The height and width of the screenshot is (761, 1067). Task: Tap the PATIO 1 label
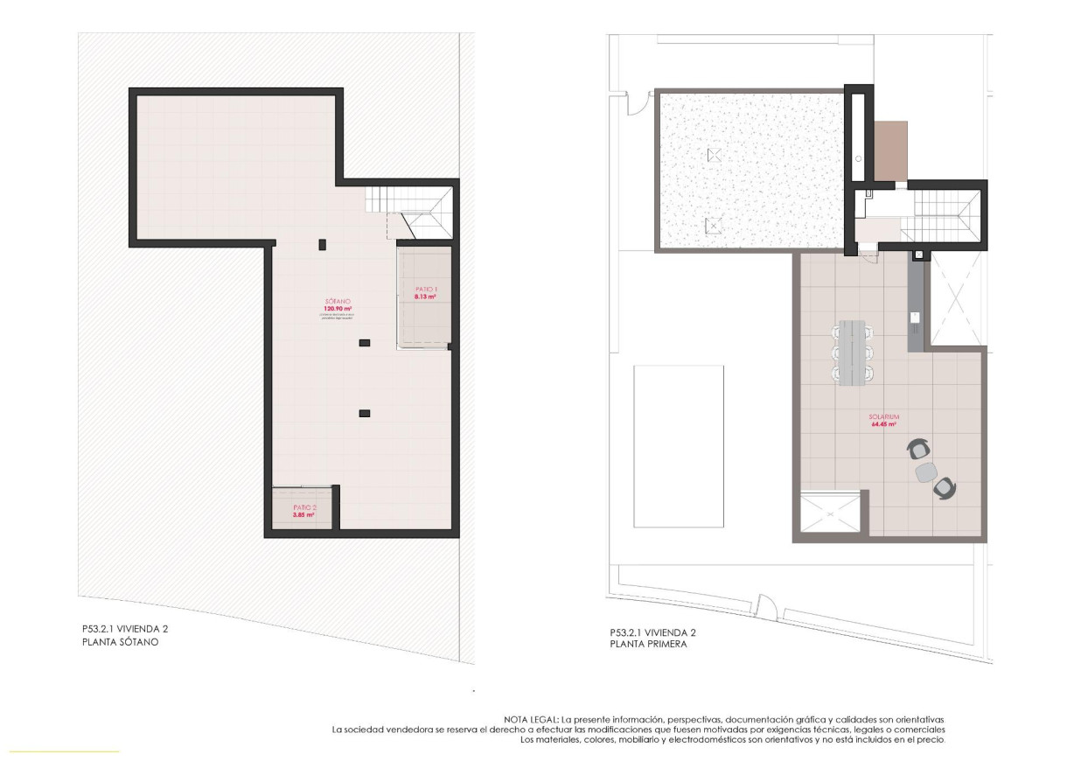click(x=425, y=290)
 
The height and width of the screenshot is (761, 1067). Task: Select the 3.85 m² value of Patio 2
click(x=303, y=515)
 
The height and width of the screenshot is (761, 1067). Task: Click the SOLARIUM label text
click(x=886, y=417)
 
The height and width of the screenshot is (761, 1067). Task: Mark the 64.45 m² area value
click(x=886, y=425)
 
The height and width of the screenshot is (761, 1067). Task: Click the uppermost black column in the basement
click(x=322, y=243)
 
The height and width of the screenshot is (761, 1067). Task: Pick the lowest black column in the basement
click(x=365, y=413)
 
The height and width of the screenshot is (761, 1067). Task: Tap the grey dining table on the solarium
click(x=852, y=353)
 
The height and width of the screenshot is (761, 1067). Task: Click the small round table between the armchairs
click(x=925, y=471)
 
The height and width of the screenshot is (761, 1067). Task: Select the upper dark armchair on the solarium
click(x=918, y=450)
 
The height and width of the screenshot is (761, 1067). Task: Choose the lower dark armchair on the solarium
click(x=945, y=487)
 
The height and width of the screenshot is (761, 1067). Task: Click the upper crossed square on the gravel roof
click(x=715, y=155)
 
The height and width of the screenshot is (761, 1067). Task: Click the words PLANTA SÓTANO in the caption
click(x=119, y=642)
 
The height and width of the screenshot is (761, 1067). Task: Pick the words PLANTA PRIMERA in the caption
click(x=648, y=645)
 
